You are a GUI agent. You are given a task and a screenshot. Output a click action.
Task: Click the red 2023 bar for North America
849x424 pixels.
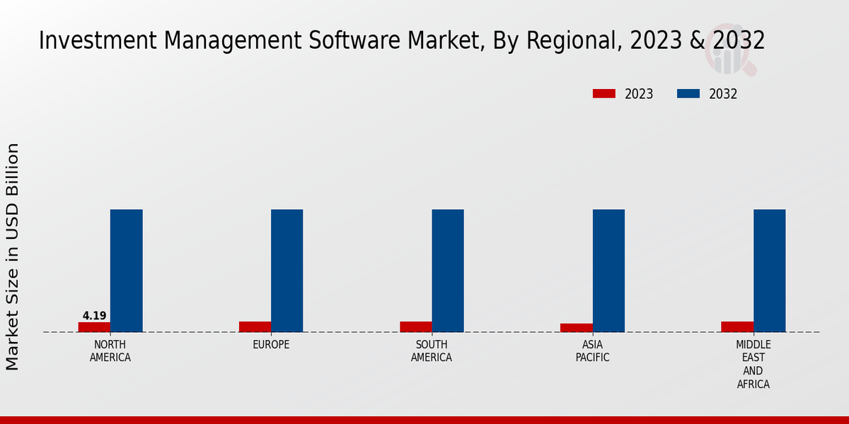(x=94, y=327)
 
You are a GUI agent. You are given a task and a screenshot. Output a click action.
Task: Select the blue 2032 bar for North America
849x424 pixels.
(x=126, y=271)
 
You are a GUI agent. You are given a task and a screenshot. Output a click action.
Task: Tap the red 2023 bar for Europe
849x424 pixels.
(x=255, y=326)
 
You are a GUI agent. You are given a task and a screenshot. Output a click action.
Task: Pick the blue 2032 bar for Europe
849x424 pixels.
(x=287, y=271)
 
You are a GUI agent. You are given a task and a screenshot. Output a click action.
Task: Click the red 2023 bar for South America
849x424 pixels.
(x=415, y=326)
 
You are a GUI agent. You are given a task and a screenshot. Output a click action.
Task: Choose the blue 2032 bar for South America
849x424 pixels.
(x=448, y=271)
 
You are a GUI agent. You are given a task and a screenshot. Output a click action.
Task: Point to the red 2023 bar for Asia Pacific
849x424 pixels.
(x=576, y=328)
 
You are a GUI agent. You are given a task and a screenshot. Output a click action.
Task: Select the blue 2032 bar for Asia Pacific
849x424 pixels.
(x=608, y=271)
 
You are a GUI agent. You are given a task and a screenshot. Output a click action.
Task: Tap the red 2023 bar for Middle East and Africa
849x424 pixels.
(x=737, y=326)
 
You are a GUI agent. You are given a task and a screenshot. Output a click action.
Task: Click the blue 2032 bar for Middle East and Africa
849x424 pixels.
(x=769, y=271)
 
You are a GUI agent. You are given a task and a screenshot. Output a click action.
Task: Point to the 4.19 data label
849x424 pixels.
(x=94, y=316)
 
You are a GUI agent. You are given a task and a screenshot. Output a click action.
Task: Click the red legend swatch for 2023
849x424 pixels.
(x=603, y=94)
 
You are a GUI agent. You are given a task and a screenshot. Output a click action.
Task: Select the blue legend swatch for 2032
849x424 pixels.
(x=688, y=94)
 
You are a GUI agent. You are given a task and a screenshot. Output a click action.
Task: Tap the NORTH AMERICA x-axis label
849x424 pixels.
(x=110, y=351)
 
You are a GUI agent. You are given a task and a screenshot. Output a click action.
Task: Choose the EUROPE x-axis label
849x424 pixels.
(x=271, y=345)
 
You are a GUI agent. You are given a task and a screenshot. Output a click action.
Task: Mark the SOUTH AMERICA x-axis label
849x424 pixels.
(x=432, y=351)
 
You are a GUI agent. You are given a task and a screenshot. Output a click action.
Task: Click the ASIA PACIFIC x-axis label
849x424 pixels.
(x=593, y=351)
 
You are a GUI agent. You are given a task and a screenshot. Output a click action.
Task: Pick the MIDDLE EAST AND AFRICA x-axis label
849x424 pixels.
(x=753, y=365)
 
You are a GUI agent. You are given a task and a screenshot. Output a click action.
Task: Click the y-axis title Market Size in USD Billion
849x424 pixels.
(x=13, y=257)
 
